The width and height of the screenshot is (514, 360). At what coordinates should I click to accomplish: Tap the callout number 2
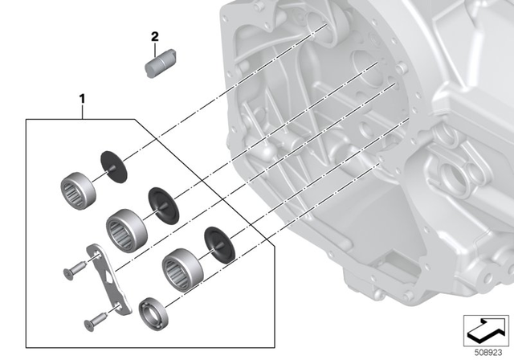tap(156, 37)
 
